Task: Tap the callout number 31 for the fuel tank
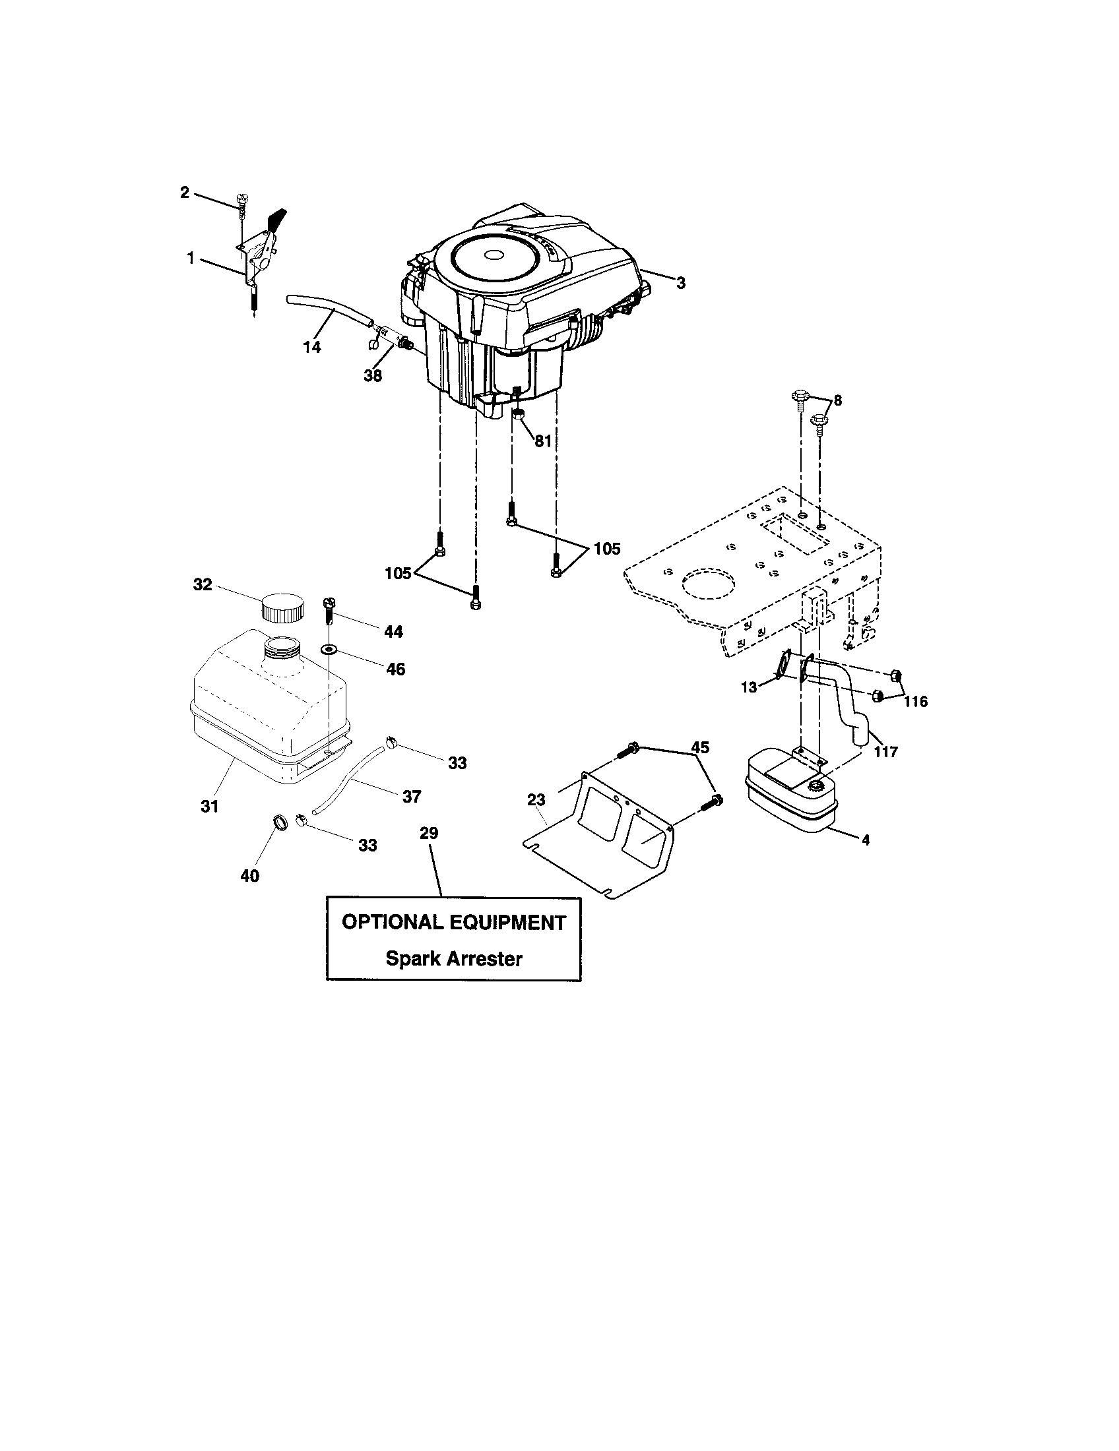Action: coord(209,807)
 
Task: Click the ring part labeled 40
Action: coord(281,824)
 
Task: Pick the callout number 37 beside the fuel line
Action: coord(411,796)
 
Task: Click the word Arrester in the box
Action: coord(484,960)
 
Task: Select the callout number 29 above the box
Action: coord(430,833)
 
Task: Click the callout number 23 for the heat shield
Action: coord(536,801)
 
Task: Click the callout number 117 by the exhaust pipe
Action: coord(885,752)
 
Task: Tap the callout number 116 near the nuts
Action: coord(915,702)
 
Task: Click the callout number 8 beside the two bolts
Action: coord(837,400)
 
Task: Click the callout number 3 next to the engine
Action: coord(680,283)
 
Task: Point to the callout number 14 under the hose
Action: coord(311,347)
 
